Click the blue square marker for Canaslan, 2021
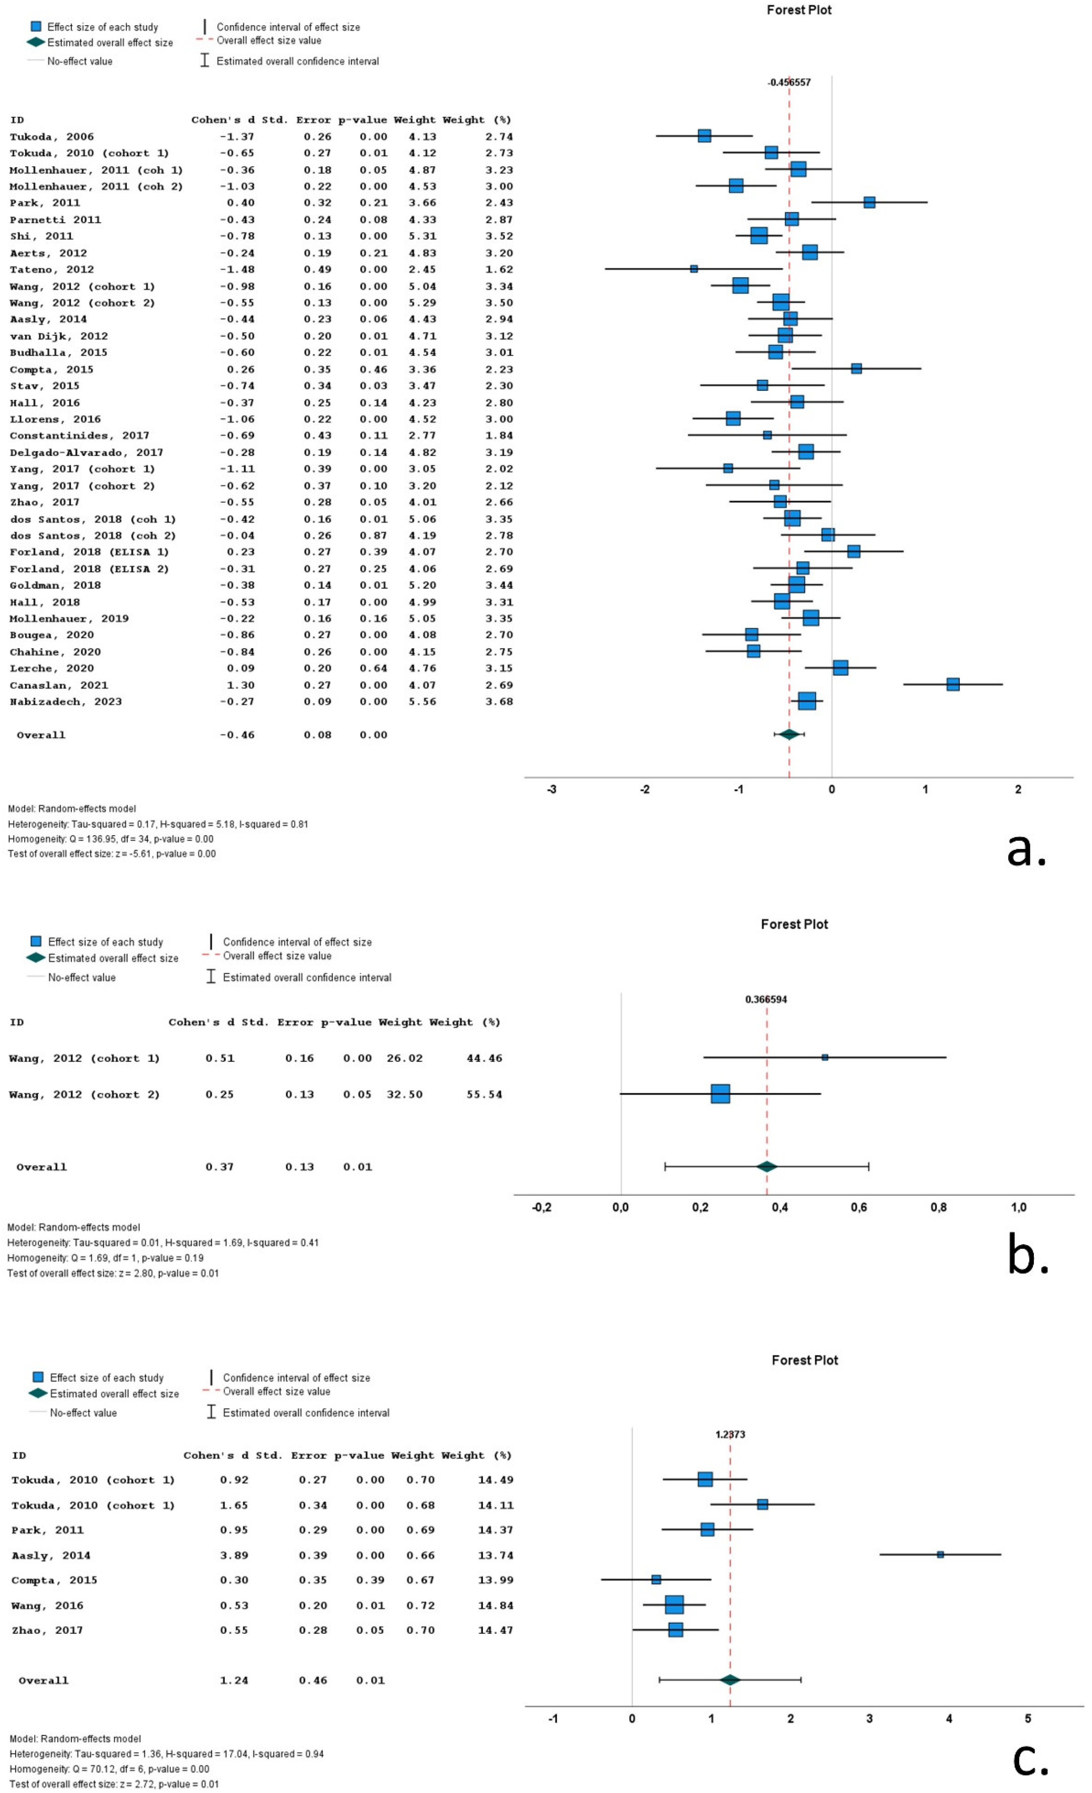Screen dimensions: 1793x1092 [952, 684]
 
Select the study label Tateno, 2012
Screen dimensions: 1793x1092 [52, 269]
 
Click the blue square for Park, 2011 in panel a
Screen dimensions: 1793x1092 [869, 202]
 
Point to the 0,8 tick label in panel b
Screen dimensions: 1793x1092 [939, 1207]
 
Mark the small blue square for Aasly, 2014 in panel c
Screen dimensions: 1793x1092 [940, 1554]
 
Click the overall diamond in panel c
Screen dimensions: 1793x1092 [730, 1679]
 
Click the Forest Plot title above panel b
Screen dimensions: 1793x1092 [794, 924]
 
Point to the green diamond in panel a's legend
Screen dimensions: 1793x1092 [36, 42]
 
